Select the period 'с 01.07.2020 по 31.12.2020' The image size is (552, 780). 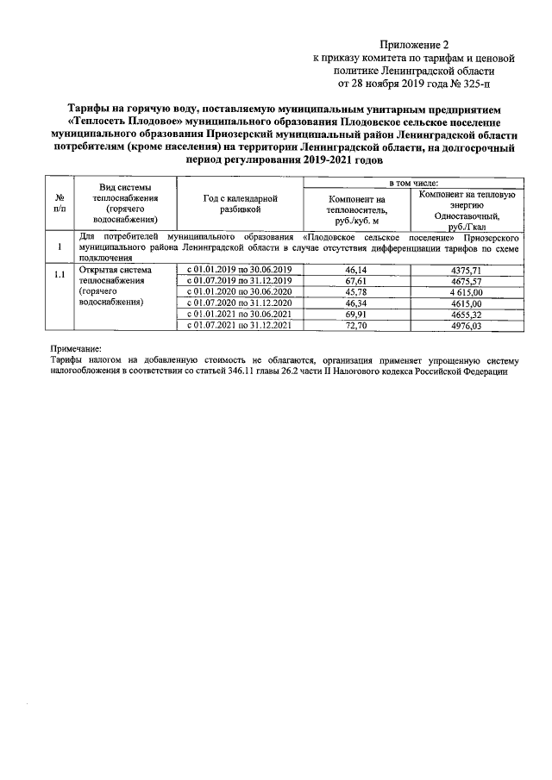coord(241,303)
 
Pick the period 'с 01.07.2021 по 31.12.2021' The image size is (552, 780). coord(241,326)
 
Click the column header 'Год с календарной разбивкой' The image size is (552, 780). coord(241,203)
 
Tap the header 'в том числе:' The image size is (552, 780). coord(413,183)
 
